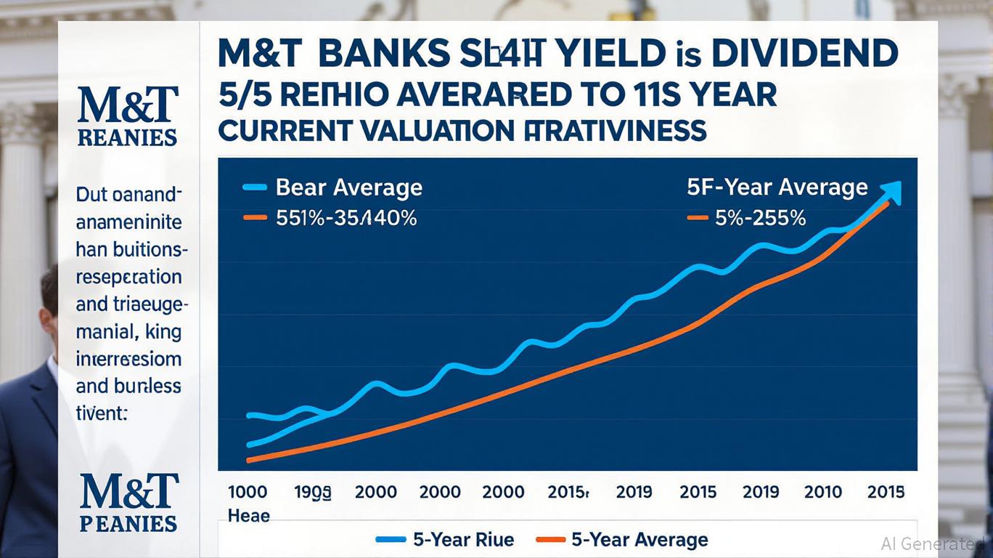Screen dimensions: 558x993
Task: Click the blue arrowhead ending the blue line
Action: point(892,191)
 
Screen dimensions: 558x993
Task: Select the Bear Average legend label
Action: point(349,188)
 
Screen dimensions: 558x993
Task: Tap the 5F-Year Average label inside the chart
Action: point(777,187)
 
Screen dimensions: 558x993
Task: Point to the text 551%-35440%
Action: point(346,218)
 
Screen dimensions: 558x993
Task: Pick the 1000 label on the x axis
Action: point(248,492)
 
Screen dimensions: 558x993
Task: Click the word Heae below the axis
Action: point(249,516)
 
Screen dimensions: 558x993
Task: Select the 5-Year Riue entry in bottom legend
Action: point(463,540)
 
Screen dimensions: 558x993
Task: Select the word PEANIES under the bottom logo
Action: point(128,523)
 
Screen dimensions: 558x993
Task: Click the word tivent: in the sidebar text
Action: point(102,413)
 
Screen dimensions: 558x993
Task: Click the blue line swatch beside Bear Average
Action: point(254,188)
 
